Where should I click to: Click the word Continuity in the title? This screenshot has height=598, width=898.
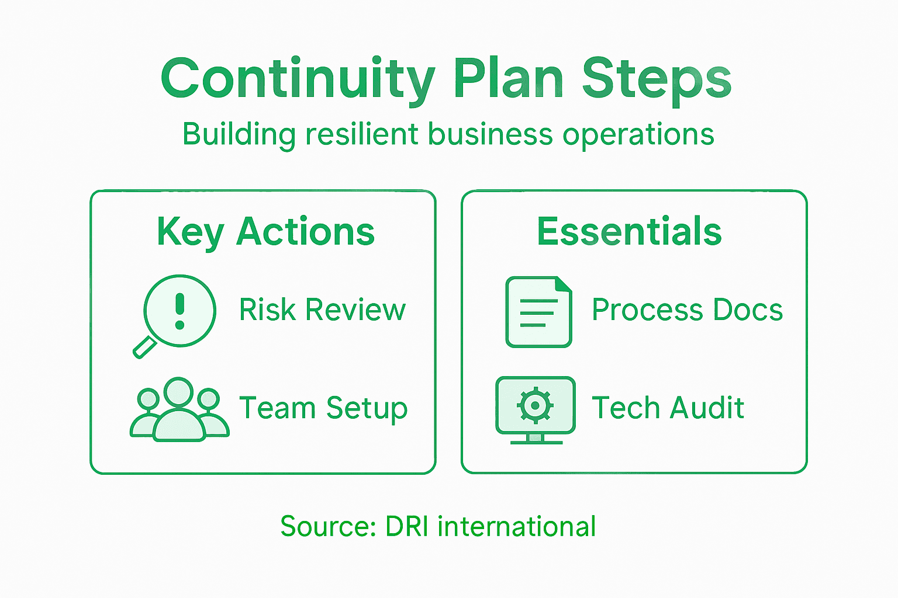298,79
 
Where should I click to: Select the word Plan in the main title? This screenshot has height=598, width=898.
508,79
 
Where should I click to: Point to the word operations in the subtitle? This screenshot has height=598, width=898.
638,135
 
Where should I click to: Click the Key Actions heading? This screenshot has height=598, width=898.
265,232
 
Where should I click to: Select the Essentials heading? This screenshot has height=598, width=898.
630,232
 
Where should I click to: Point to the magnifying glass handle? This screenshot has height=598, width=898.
144,349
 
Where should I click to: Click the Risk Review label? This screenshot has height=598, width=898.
322,310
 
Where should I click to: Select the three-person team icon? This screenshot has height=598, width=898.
179,409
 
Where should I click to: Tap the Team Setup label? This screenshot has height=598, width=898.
323,408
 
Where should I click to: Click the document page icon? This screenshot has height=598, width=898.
538,312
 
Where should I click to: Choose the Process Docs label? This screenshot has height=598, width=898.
687,310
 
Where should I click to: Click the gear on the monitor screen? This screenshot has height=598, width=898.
535,405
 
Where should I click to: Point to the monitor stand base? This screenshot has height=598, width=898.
536,441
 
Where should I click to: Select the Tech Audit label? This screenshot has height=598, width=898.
668,408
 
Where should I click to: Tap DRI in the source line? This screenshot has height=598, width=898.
407,526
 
